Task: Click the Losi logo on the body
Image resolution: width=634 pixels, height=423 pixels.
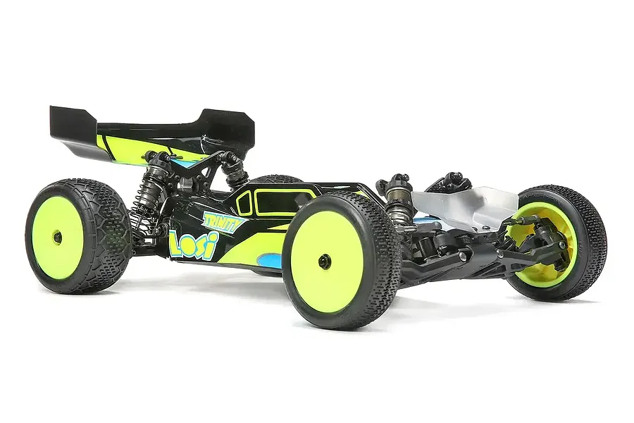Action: (193, 244)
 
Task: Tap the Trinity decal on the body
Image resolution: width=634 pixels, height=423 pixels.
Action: (224, 221)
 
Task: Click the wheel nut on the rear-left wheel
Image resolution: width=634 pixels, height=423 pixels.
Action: (58, 238)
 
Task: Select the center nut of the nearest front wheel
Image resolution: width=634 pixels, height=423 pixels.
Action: (324, 262)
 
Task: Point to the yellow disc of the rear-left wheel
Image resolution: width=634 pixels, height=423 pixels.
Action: (58, 238)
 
